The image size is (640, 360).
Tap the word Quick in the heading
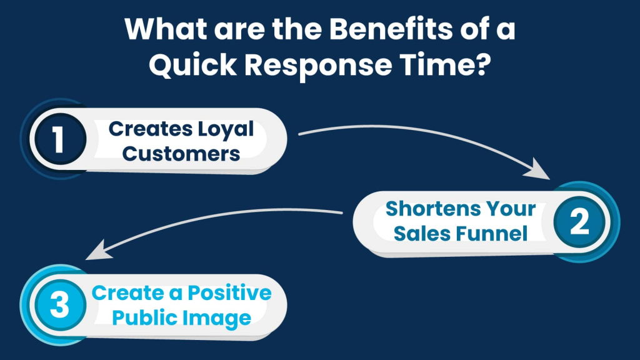coord(192,65)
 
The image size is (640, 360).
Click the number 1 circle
coord(60,139)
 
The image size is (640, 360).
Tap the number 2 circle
coord(579,222)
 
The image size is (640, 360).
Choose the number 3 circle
coord(60,305)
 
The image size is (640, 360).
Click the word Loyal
coord(226,130)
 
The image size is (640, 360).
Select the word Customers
coord(181,154)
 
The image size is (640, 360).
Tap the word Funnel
coord(492,234)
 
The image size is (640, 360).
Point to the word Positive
coord(229,292)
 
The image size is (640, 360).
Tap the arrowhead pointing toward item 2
coord(538,169)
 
